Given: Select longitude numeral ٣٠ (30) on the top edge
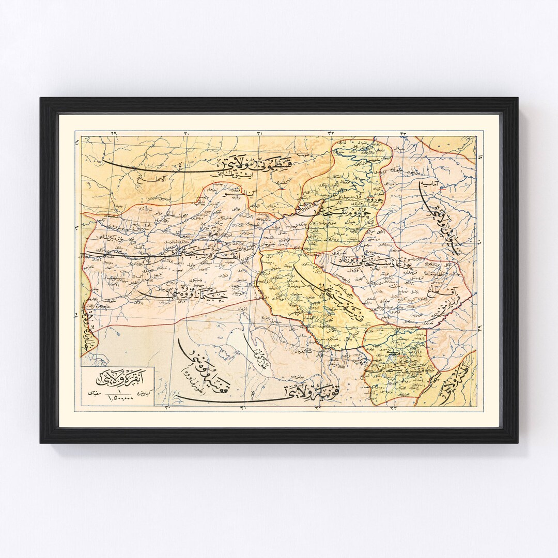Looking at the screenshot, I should pos(188,134).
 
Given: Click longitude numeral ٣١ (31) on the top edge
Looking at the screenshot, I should pos(260,134).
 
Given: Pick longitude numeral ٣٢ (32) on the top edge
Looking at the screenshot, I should pos(332,134).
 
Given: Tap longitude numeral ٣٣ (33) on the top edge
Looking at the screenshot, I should pos(404,134).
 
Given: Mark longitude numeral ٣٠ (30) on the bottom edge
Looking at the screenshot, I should pos(167,408).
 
